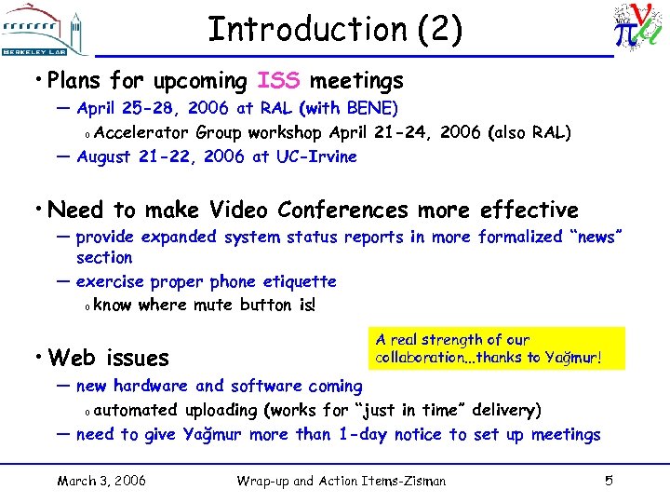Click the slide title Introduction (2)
coord(334,30)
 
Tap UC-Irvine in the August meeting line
coord(316,156)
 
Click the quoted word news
coord(584,238)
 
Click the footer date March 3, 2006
coord(100,481)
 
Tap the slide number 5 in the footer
coord(609,481)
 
